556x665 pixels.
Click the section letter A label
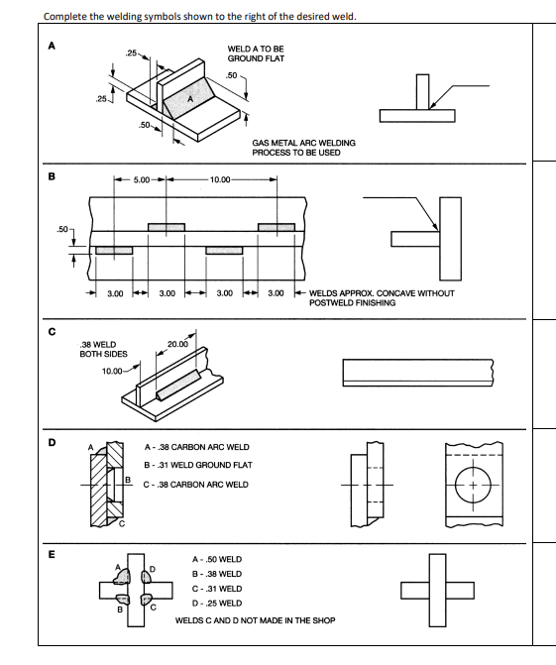pyautogui.click(x=52, y=46)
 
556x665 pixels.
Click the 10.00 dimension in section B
pyautogui.click(x=220, y=179)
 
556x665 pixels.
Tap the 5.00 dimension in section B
pyautogui.click(x=142, y=179)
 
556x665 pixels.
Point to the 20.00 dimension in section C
pyautogui.click(x=177, y=344)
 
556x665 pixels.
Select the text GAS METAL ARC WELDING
pyautogui.click(x=303, y=143)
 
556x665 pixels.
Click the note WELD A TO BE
pyautogui.click(x=256, y=50)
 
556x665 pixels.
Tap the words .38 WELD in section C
pyautogui.click(x=98, y=344)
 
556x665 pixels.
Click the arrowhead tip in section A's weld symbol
pyautogui.click(x=429, y=109)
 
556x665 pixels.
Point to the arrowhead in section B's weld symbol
pyautogui.click(x=436, y=227)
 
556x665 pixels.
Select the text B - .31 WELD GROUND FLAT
pyautogui.click(x=198, y=465)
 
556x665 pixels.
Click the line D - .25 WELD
pyautogui.click(x=217, y=604)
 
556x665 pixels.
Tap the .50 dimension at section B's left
pyautogui.click(x=61, y=229)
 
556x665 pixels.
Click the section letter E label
pyautogui.click(x=52, y=554)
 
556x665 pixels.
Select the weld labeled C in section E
pyautogui.click(x=147, y=600)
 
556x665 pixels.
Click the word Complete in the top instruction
pyautogui.click(x=61, y=17)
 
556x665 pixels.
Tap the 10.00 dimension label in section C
pyautogui.click(x=112, y=372)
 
